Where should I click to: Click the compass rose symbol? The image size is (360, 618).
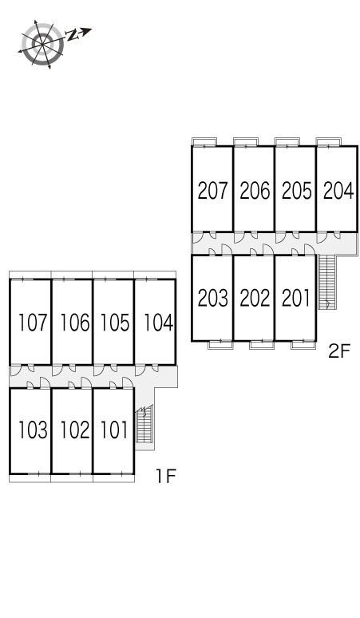42,43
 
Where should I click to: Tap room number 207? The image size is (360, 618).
212,190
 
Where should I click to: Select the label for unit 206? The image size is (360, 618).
255,190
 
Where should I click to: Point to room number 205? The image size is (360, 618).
297,190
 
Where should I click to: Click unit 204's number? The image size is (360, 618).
338,190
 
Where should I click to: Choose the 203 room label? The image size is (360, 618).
212,298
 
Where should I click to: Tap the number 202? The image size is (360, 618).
255,298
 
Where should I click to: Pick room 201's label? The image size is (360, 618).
296,298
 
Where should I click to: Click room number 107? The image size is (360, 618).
33,323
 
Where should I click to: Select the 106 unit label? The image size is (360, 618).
74,323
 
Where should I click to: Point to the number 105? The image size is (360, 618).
115,323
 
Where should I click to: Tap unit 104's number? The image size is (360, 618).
158,323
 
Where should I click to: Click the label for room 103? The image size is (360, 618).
33,430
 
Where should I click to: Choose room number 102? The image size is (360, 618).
74,430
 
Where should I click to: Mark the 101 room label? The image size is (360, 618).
114,430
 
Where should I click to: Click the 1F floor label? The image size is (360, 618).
166,476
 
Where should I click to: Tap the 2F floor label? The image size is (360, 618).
339,351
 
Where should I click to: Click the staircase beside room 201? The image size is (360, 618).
326,282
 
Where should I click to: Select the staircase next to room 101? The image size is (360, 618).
144,425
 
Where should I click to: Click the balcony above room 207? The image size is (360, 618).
204,141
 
